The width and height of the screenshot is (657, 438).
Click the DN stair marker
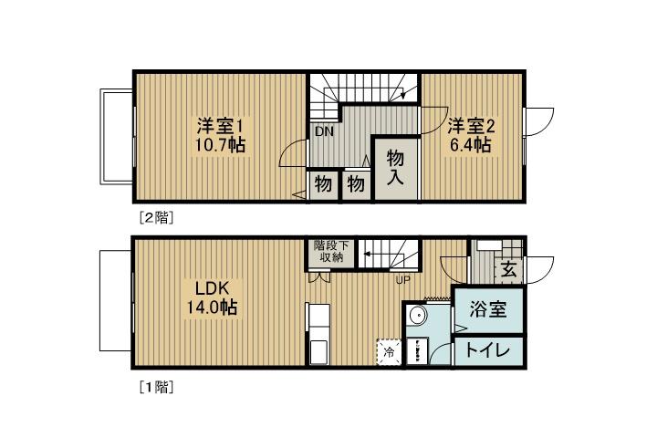point(325,131)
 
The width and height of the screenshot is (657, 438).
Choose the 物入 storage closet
point(395,167)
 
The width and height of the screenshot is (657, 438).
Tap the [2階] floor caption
point(155,217)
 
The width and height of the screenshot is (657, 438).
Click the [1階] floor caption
point(155,386)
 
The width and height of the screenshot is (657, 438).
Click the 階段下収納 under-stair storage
point(328,251)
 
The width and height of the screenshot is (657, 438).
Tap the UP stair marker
point(401,279)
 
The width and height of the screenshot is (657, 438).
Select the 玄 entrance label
point(506,269)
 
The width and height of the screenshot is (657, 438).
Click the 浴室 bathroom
point(484,309)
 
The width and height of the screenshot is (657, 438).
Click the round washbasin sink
point(417,316)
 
